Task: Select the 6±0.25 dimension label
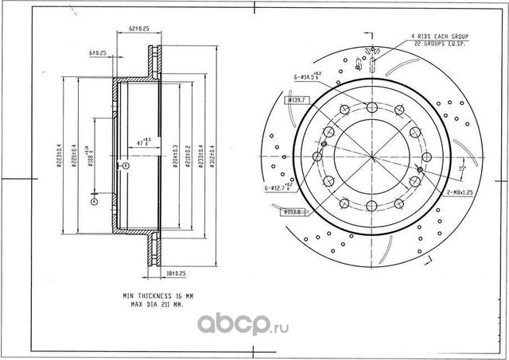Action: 99,52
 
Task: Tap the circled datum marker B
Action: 125,165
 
